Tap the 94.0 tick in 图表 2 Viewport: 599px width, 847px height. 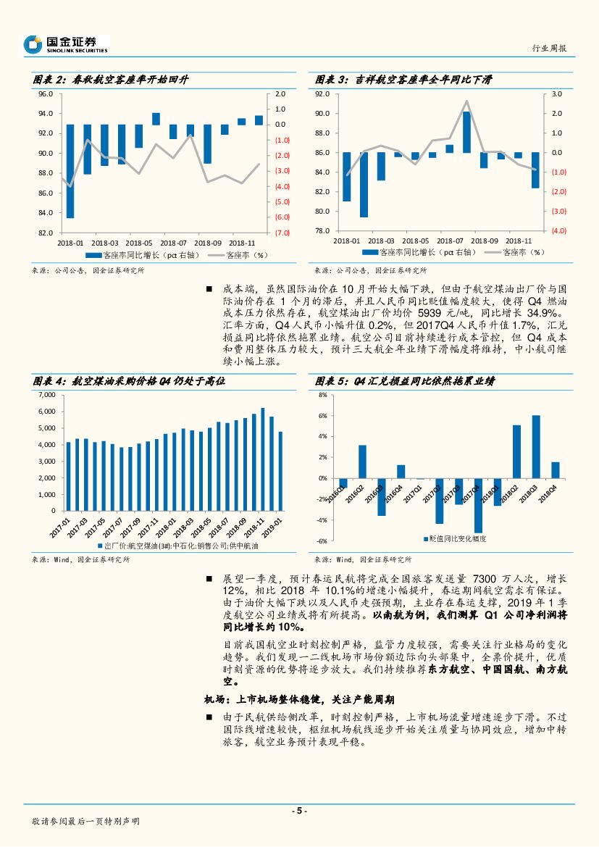click(46, 114)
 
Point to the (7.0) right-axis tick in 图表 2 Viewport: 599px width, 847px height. click(282, 233)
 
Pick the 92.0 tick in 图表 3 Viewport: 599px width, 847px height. click(322, 94)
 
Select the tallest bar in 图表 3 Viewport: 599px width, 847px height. click(466, 132)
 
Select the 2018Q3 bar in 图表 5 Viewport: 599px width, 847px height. click(536, 446)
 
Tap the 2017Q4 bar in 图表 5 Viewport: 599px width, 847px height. click(478, 505)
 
